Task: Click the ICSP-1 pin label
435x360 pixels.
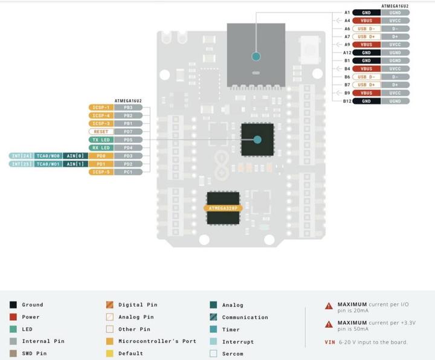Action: (x=100, y=108)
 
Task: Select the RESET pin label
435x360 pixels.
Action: (x=100, y=132)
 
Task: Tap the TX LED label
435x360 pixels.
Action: (x=100, y=140)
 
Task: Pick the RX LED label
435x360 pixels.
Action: (x=100, y=147)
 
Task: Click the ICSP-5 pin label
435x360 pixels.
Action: (x=100, y=172)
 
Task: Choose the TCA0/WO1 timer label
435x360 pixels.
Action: (x=47, y=164)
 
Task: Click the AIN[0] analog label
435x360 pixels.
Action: (x=74, y=156)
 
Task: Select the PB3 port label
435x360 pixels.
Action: (x=128, y=108)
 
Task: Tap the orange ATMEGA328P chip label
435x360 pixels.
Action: (x=222, y=208)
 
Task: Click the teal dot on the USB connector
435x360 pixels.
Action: (x=256, y=57)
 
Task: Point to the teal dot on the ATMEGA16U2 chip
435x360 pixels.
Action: (x=257, y=140)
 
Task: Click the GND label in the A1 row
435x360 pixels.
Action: (x=366, y=12)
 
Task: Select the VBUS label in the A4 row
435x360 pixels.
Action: (x=366, y=21)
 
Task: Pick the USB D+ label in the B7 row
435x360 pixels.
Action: (x=366, y=85)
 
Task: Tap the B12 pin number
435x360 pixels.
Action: (x=347, y=101)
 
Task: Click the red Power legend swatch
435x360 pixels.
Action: (x=13, y=317)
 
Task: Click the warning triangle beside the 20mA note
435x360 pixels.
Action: (x=329, y=306)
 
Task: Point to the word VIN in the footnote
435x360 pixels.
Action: (x=330, y=342)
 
